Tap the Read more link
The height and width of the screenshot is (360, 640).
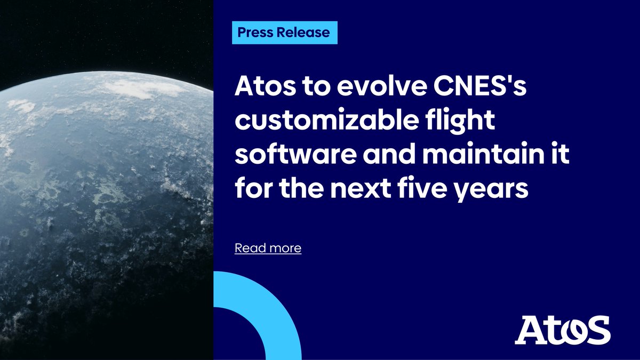(268, 248)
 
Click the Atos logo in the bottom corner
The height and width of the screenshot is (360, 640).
(562, 330)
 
